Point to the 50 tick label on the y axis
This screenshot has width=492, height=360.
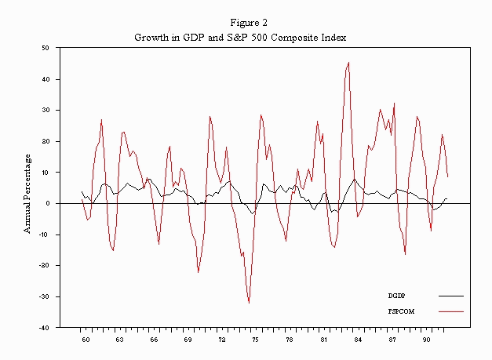tap(45, 48)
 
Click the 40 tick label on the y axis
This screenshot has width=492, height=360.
tap(45, 79)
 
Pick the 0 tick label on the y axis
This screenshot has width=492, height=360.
tap(47, 203)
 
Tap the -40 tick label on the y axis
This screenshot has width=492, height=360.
tap(43, 327)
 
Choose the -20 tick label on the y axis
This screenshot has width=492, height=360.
tap(43, 265)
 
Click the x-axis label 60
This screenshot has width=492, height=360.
tap(86, 340)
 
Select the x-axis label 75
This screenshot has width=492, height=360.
tap(255, 340)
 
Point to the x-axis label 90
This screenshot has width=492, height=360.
tap(425, 340)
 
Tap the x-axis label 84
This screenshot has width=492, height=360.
tap(357, 340)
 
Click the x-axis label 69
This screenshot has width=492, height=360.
tap(188, 340)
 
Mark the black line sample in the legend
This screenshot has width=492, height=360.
tap(450, 296)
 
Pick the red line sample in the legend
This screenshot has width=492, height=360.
tap(450, 311)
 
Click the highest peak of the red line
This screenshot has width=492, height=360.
tap(348, 63)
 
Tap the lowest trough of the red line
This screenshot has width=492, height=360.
tap(249, 302)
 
